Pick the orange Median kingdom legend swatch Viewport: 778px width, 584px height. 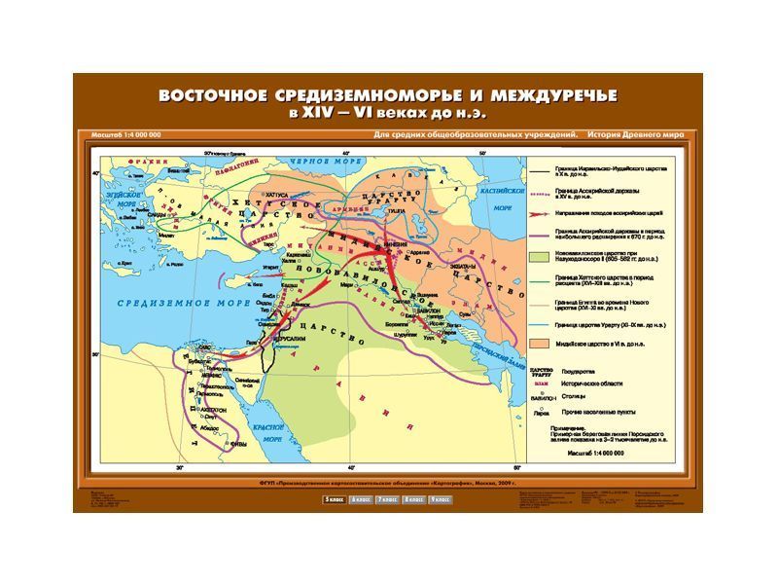pos(540,344)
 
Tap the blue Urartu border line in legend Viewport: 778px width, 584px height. pos(540,323)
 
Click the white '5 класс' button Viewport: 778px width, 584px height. pos(334,499)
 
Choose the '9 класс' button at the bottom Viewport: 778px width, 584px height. pos(439,499)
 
